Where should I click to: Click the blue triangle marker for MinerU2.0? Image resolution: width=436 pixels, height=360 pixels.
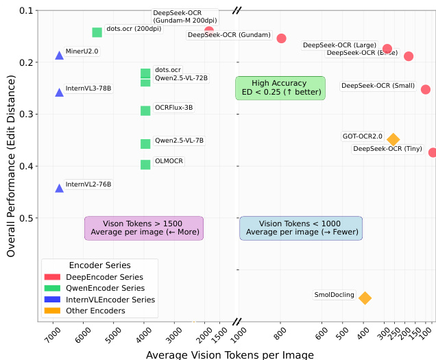[x=60, y=55]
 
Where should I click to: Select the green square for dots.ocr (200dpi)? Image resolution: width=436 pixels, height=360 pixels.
[x=97, y=32]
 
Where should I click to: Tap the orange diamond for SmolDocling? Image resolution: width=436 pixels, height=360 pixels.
[x=365, y=298]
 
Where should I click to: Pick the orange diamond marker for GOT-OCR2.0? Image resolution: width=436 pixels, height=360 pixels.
[x=393, y=139]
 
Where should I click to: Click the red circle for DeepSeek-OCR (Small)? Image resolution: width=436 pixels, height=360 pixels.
[x=426, y=89]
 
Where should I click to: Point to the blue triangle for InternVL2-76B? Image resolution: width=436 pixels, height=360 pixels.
[x=60, y=187]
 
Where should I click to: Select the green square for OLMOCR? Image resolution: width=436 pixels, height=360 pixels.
[x=145, y=165]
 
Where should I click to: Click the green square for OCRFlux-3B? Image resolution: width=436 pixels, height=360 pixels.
[x=145, y=110]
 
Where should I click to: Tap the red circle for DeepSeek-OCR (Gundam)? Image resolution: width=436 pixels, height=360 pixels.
[x=281, y=38]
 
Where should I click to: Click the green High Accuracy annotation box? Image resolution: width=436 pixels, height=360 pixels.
[x=280, y=88]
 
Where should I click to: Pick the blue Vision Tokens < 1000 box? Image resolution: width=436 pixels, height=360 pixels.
[x=302, y=228]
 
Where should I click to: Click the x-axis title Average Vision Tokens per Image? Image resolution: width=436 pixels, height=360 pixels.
[x=230, y=355]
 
